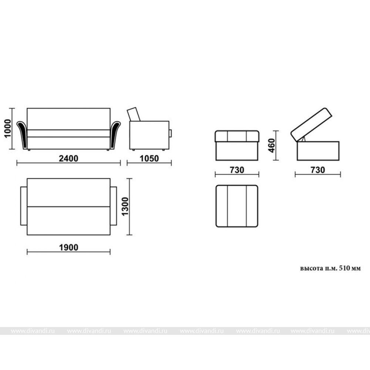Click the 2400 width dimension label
(x=68, y=158)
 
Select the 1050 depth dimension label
(x=149, y=159)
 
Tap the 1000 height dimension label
(x=7, y=128)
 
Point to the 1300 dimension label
(x=125, y=206)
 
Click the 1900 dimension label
(x=68, y=248)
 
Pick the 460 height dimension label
(x=272, y=145)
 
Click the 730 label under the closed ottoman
(x=237, y=170)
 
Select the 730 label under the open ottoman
(x=317, y=170)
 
